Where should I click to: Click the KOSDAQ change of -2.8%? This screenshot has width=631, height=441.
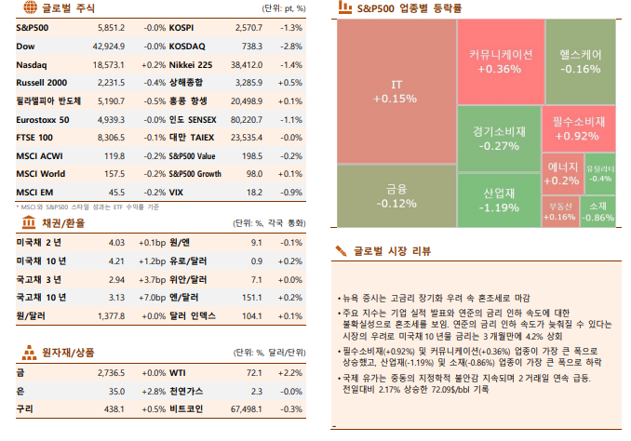tap(290, 47)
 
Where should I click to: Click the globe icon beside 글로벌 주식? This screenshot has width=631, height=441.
tap(27, 8)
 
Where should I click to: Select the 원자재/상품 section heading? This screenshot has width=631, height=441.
tap(68, 353)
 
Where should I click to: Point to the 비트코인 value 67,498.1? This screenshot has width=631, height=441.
tap(248, 408)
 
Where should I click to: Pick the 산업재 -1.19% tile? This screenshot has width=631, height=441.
tap(500, 200)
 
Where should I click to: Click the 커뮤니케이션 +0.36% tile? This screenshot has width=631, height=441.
tap(499, 61)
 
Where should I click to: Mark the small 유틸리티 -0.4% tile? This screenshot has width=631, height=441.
tap(600, 173)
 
